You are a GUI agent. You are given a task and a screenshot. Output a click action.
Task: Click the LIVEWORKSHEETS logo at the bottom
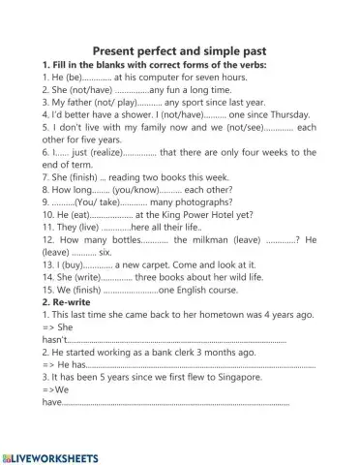click(51, 454)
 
